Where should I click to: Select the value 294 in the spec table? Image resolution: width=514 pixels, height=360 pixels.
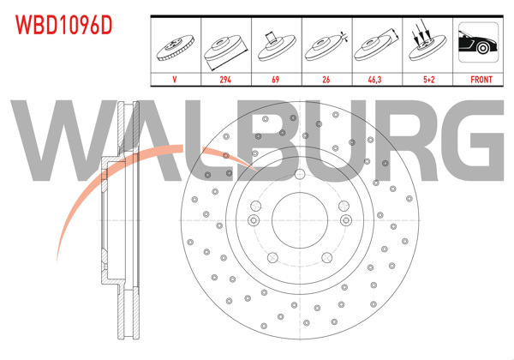(225, 79)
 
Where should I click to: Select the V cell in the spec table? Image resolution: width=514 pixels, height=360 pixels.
(176, 79)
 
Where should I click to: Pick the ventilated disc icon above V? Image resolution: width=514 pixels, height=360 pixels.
(176, 46)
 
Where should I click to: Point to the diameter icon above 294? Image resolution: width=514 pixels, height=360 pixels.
(225, 46)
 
